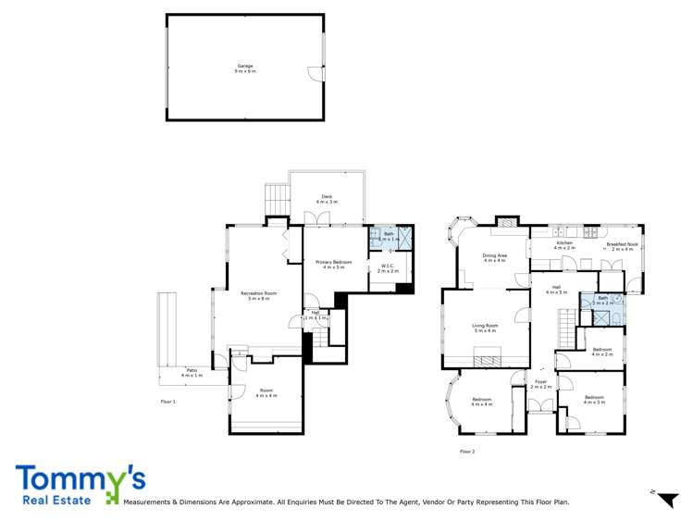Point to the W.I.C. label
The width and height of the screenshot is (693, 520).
coord(387,266)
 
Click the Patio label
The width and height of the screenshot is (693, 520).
coord(191,372)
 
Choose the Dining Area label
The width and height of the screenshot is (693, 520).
coord(494,256)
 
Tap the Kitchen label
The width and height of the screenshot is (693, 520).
coord(564,243)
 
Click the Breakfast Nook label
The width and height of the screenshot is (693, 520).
coord(623,244)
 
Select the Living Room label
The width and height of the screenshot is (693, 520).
coord(485,326)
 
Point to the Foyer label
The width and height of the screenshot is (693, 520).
coord(540,381)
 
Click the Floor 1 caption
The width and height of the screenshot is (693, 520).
coord(167,402)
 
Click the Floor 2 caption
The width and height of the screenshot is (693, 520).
coord(466,452)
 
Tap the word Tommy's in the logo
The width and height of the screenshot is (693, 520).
coord(80,479)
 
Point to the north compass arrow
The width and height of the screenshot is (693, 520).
coord(665,499)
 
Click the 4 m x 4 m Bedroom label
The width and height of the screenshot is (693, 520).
coord(481,401)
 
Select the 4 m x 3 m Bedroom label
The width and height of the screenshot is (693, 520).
coord(593,399)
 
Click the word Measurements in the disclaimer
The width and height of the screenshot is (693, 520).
coord(153,502)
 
